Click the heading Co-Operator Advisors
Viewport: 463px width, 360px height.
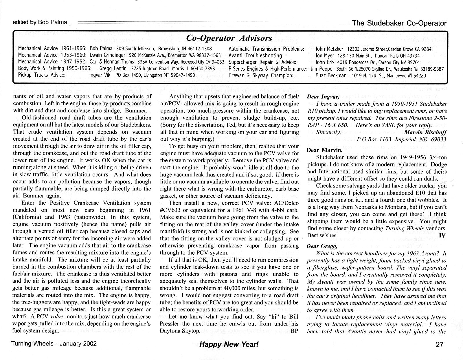229,38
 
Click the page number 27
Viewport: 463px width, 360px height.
439,344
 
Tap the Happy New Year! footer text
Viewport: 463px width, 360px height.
229,344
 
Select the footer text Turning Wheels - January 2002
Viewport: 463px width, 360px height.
54,344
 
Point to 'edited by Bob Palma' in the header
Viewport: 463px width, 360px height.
40,22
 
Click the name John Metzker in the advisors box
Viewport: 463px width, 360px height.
329,49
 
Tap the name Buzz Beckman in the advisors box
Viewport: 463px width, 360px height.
331,76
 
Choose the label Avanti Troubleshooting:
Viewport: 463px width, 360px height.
256,56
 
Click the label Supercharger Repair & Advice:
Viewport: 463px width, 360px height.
262,62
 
